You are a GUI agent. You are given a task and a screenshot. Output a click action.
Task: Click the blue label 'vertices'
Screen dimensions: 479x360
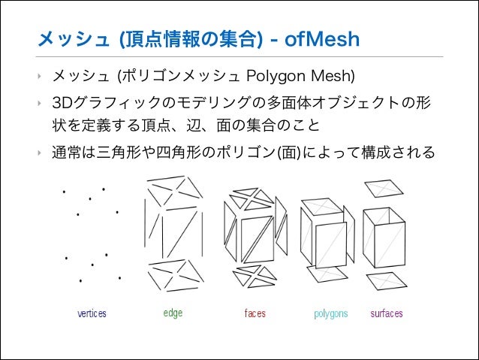(x=92, y=313)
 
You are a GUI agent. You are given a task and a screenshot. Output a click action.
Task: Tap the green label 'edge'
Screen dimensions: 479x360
(x=173, y=313)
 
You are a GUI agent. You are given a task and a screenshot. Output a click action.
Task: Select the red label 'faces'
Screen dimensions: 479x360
(x=255, y=313)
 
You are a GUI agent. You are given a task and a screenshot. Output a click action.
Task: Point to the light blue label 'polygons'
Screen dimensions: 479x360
(x=331, y=313)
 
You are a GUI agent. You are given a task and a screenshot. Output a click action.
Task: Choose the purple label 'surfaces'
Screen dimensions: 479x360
(x=387, y=313)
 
